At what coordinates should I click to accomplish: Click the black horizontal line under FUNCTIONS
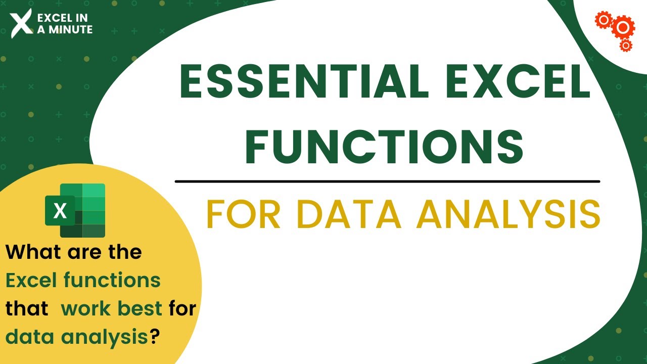click(x=387, y=181)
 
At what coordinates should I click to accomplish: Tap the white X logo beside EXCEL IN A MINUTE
click(x=21, y=23)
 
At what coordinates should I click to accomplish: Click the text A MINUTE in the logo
click(x=64, y=30)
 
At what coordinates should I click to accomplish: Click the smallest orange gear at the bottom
click(x=626, y=46)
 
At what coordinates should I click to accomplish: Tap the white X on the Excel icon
click(x=60, y=211)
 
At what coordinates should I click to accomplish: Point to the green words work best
click(x=112, y=308)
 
